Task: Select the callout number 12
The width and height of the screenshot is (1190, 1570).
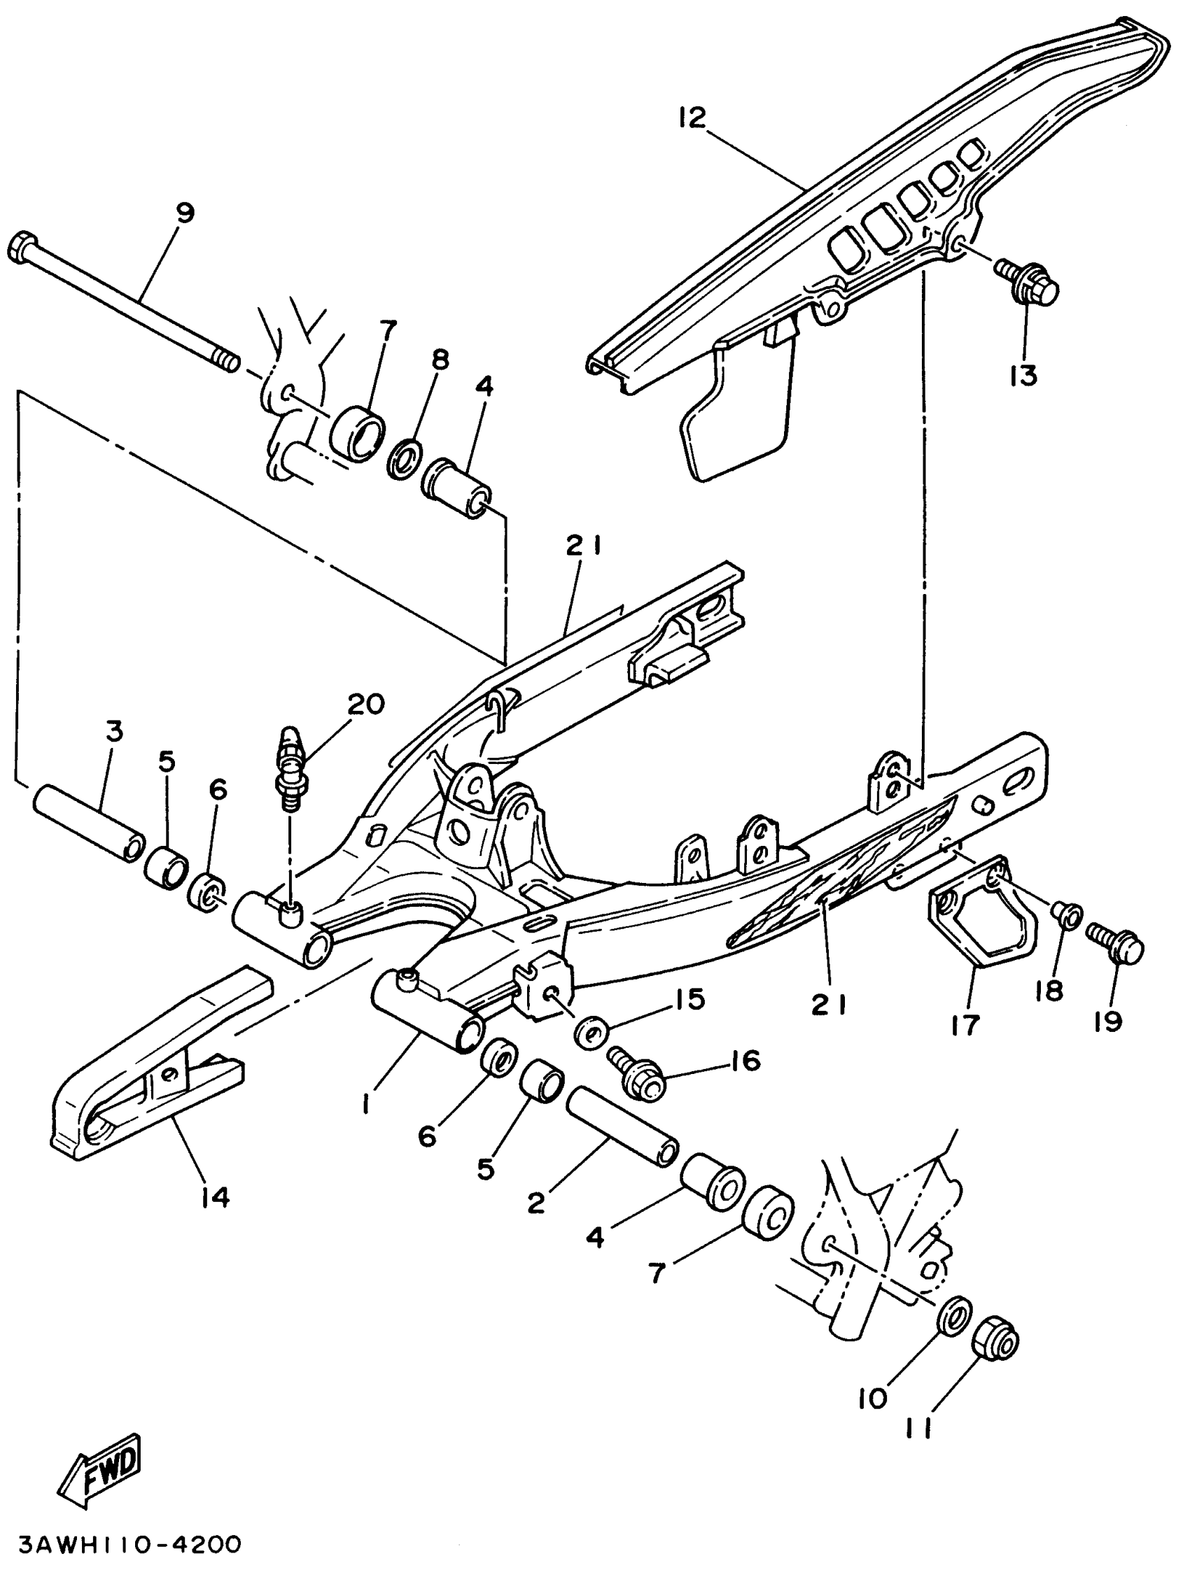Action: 692,118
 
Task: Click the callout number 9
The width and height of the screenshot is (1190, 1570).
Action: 184,213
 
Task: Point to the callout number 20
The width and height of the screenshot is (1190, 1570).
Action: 365,703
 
